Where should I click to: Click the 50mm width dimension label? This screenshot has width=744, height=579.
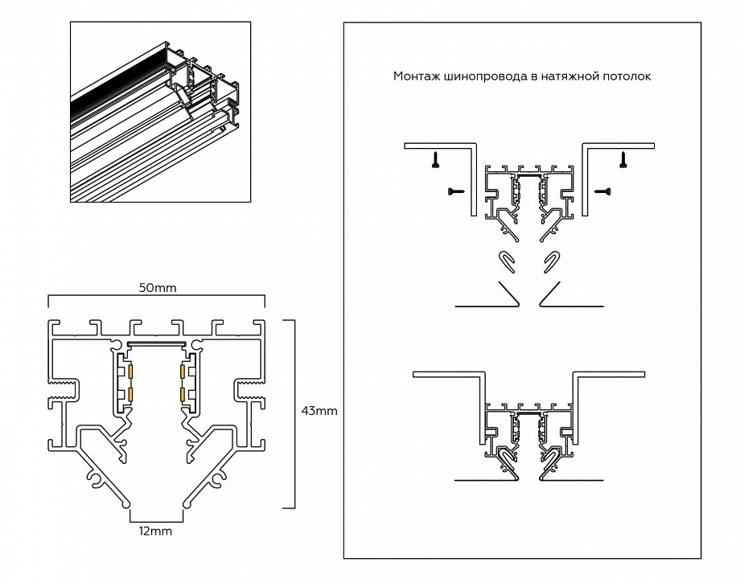pyautogui.click(x=158, y=287)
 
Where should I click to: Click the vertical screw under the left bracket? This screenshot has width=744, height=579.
pyautogui.click(x=435, y=160)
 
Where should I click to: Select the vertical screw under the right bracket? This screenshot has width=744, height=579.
pyautogui.click(x=622, y=160)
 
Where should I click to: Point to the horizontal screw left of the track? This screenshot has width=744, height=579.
pyautogui.click(x=455, y=191)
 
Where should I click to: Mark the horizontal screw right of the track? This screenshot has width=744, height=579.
pyautogui.click(x=602, y=191)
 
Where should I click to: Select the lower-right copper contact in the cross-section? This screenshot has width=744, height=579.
pyautogui.click(x=183, y=396)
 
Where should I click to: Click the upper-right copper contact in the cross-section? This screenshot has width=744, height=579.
pyautogui.click(x=183, y=372)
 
